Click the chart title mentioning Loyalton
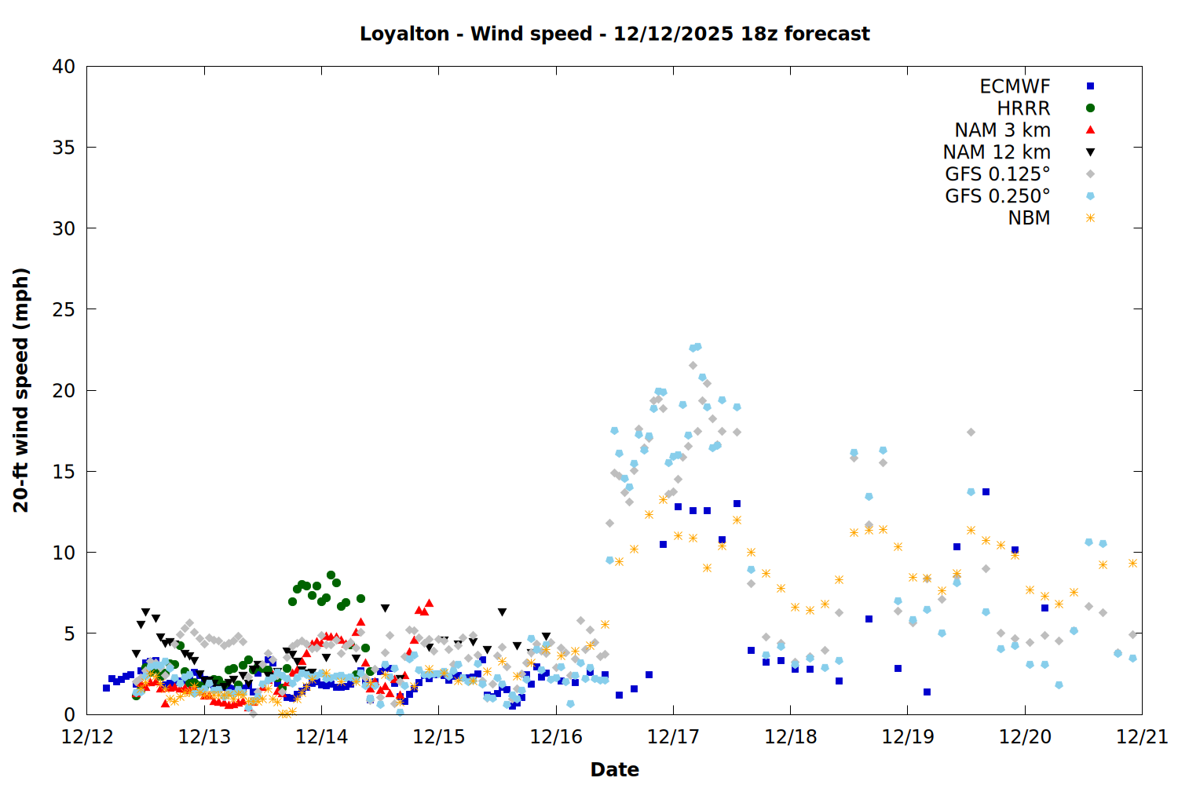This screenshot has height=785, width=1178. pos(614,34)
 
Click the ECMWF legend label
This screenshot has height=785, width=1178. pos(1015,86)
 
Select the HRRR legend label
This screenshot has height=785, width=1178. pos(1023,108)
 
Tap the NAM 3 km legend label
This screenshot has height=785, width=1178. pos(1002,130)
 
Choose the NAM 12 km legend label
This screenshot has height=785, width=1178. pos(997,152)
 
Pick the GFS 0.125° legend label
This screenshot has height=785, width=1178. pos(997,174)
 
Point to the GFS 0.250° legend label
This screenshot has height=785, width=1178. pos(997,196)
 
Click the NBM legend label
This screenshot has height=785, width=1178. pos(1029,218)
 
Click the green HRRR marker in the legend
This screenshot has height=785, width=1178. pos(1090,108)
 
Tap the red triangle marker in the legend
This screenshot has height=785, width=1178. pos(1090,130)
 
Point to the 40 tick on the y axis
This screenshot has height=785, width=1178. pos(64,67)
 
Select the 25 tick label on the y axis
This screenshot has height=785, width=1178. pos(64,309)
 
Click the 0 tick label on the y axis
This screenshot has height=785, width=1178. pos(69,714)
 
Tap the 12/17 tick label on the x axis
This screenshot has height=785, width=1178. pos(673,737)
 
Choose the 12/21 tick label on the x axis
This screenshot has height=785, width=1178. pos(1142,737)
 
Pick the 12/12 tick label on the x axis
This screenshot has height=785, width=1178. pos(86,737)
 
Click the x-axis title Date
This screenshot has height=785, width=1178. pos(614,769)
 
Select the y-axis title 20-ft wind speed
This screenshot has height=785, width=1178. pos(21,390)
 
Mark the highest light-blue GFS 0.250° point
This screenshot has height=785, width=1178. pos(697,346)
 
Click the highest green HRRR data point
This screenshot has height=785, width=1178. pos(331,575)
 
